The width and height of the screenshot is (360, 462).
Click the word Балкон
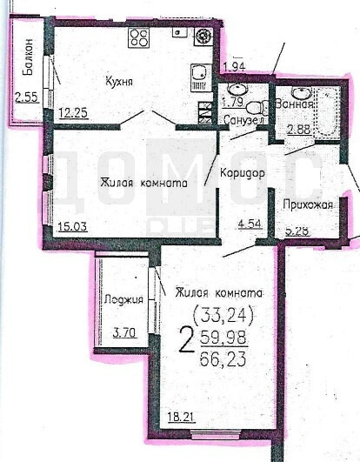pos(28,60)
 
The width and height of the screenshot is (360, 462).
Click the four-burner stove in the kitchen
pos(138,37)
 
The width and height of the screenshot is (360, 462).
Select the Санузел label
pos(239,120)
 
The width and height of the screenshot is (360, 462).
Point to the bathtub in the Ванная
pos(328,113)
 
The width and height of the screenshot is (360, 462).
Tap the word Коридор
pos(242,171)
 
